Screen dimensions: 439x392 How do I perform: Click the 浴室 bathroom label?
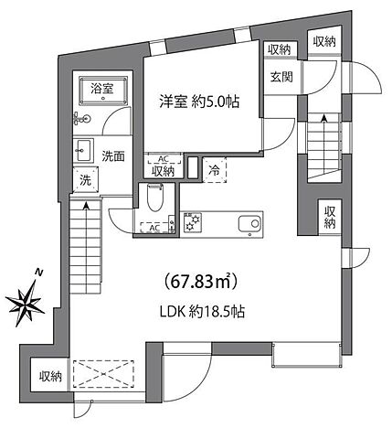[102, 89]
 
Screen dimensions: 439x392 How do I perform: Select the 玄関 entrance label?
[280, 77]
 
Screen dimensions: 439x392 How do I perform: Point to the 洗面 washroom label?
[113, 155]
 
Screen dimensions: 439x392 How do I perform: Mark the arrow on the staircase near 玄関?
[323, 120]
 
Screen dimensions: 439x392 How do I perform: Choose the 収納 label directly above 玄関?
[279, 49]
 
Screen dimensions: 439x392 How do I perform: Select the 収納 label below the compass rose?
[50, 377]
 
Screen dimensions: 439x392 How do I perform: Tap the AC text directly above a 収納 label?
[162, 157]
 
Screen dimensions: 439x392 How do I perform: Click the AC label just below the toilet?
[154, 228]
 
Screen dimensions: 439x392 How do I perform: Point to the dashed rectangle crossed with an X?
[103, 372]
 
